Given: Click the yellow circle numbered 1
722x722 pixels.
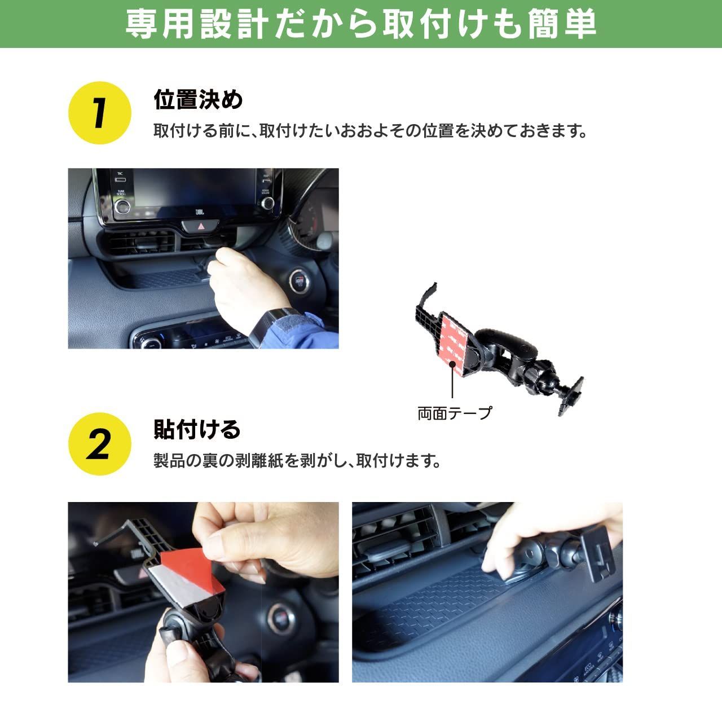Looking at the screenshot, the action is (100, 113).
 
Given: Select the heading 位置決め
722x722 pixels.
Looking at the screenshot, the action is (198, 100).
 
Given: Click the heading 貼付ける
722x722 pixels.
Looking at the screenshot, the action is (197, 429).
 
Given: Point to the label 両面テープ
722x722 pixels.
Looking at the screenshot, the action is (455, 413).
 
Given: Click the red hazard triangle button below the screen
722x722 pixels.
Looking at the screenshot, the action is (200, 226).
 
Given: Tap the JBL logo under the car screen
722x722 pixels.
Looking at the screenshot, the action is (200, 212).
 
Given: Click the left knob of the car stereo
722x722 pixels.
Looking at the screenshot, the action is (122, 206).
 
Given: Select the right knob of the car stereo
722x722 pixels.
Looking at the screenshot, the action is (267, 203).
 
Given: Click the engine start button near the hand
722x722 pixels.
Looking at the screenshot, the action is (298, 281).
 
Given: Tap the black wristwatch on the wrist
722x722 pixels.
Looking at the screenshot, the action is (272, 324).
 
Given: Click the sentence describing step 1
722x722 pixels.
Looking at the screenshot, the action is (370, 131).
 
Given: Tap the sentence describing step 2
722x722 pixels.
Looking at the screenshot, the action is (297, 461).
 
